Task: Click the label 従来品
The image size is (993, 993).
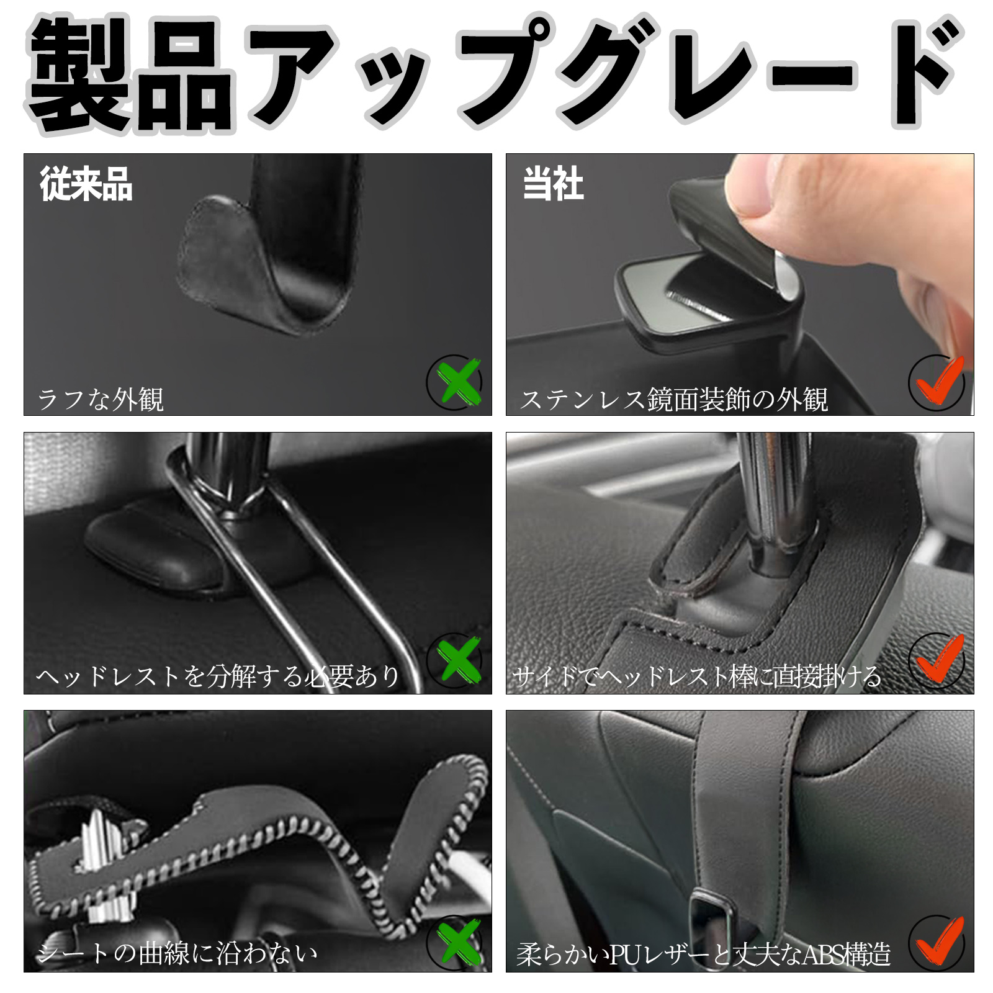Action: [x=86, y=184]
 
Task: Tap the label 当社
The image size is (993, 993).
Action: [x=553, y=184]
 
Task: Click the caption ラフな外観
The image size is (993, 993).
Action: [x=101, y=399]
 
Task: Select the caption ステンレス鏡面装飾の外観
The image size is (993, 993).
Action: [x=675, y=399]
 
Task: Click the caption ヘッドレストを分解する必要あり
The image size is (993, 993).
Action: [x=218, y=676]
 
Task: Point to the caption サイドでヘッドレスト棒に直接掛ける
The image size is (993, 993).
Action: [x=697, y=676]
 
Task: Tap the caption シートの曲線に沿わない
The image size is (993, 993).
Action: [x=177, y=953]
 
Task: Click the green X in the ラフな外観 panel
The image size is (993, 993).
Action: [x=458, y=382]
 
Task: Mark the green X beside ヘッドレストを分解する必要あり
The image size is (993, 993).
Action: [x=458, y=660]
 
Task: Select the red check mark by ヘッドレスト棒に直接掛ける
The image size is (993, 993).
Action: [x=938, y=658]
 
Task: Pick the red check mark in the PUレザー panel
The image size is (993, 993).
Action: [x=938, y=940]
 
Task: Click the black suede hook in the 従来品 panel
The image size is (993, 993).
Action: [x=267, y=261]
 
